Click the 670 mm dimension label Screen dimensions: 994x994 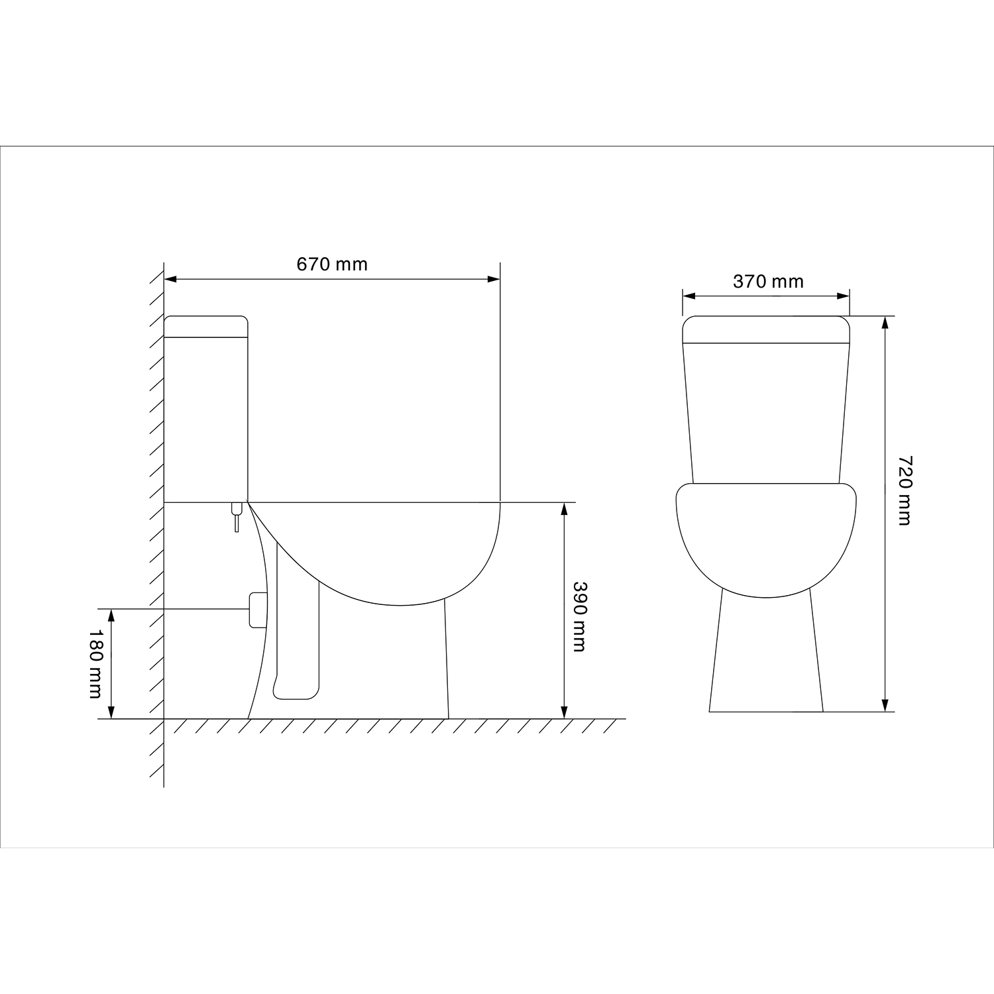pyautogui.click(x=331, y=264)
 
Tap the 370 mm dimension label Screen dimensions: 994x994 pyautogui.click(x=768, y=282)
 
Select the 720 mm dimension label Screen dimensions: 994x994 pyautogui.click(x=904, y=490)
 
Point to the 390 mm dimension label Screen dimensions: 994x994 pyautogui.click(x=580, y=616)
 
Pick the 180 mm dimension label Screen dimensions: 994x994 pyautogui.click(x=95, y=663)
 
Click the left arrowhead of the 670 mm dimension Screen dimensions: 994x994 pyautogui.click(x=170, y=279)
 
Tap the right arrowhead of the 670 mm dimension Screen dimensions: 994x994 pyautogui.click(x=494, y=279)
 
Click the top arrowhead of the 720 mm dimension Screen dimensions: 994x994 pyautogui.click(x=885, y=323)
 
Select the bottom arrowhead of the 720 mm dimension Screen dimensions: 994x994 pyautogui.click(x=885, y=705)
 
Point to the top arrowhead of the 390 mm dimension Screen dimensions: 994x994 pyautogui.click(x=564, y=509)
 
